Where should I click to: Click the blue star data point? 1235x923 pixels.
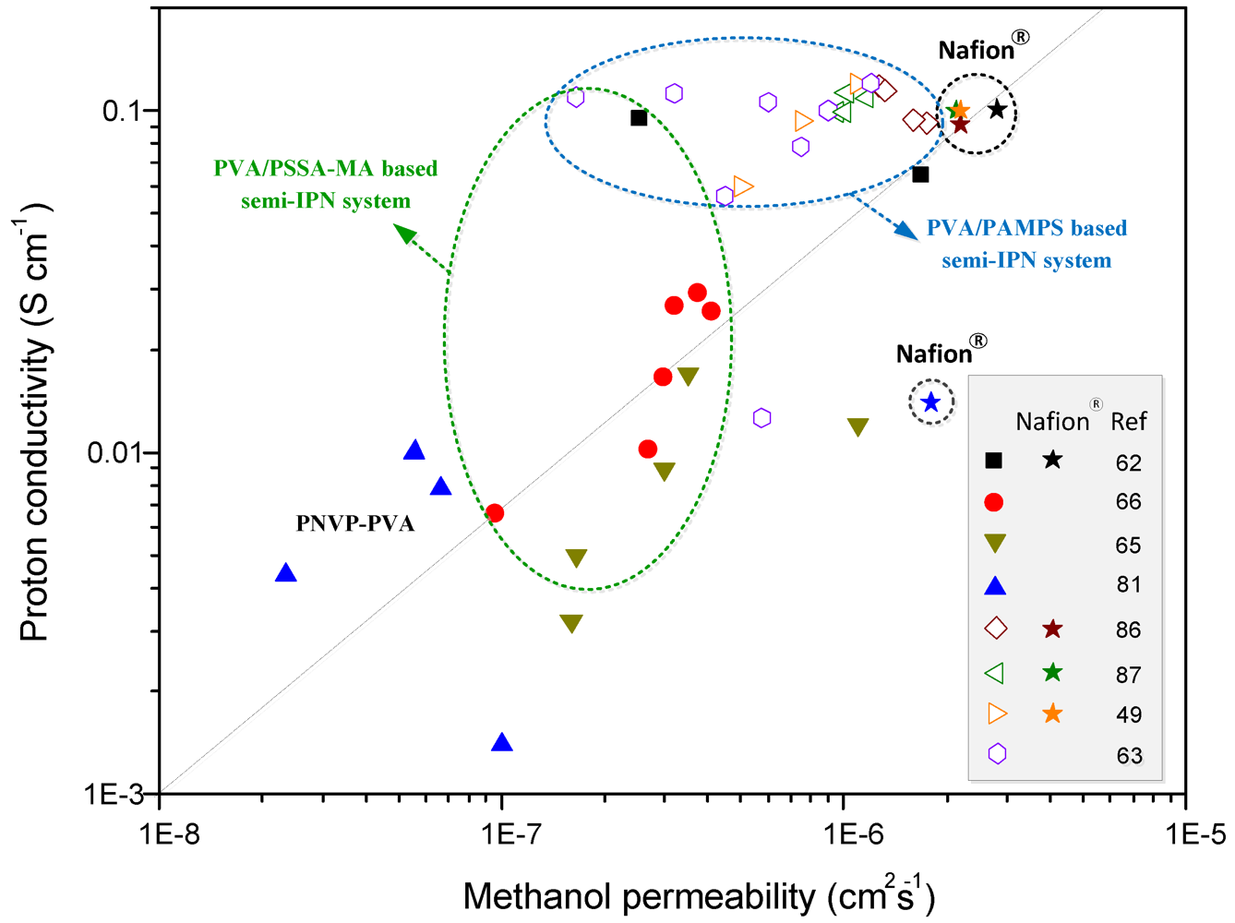pyautogui.click(x=930, y=402)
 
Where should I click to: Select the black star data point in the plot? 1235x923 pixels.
pyautogui.click(x=996, y=110)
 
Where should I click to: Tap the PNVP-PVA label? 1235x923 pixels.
pyautogui.click(x=355, y=523)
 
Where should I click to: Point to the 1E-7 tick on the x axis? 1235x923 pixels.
pyautogui.click(x=502, y=835)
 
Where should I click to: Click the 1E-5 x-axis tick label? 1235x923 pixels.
pyautogui.click(x=1185, y=835)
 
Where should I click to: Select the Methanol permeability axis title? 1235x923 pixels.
pyautogui.click(x=699, y=895)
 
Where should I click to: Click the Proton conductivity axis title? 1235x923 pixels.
pyautogui.click(x=37, y=425)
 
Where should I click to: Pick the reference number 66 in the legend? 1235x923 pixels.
pyautogui.click(x=1128, y=502)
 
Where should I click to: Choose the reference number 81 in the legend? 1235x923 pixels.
pyautogui.click(x=1128, y=585)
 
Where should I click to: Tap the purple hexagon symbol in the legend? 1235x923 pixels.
pyautogui.click(x=996, y=754)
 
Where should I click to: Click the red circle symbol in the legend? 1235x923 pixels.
pyautogui.click(x=994, y=502)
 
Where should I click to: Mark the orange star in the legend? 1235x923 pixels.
pyautogui.click(x=1051, y=713)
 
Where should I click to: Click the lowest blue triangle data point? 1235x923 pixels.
pyautogui.click(x=502, y=742)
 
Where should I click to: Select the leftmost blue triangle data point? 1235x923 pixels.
pyautogui.click(x=286, y=573)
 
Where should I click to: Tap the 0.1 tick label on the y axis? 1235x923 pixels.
pyautogui.click(x=123, y=111)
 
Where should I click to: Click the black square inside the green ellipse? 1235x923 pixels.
pyautogui.click(x=639, y=118)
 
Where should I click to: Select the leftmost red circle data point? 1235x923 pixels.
pyautogui.click(x=495, y=512)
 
